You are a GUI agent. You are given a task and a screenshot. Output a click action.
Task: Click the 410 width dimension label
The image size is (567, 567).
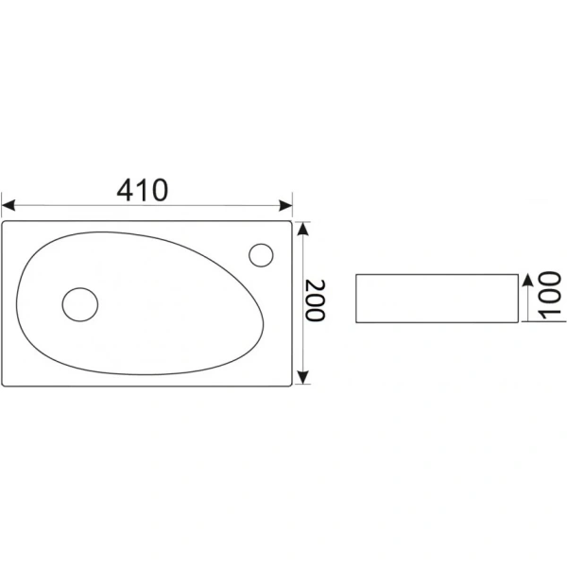coord(143,190)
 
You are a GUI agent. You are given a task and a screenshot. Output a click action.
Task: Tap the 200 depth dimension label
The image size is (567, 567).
coord(316,301)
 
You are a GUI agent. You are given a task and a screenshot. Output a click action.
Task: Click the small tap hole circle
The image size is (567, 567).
coord(261,255)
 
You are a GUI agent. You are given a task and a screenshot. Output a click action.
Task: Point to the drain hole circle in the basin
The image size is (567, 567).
coord(80,304)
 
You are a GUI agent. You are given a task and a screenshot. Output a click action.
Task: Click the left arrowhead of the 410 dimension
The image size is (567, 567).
coord(8,205)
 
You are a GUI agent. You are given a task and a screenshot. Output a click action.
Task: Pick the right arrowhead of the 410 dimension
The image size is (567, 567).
coord(285,205)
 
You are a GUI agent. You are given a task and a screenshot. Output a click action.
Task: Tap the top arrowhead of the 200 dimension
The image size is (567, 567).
coord(303,229)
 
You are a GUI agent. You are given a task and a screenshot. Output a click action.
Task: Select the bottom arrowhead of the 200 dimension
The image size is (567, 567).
coord(303,377)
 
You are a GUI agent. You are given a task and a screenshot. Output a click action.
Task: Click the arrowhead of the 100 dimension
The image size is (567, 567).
coord(528,281)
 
